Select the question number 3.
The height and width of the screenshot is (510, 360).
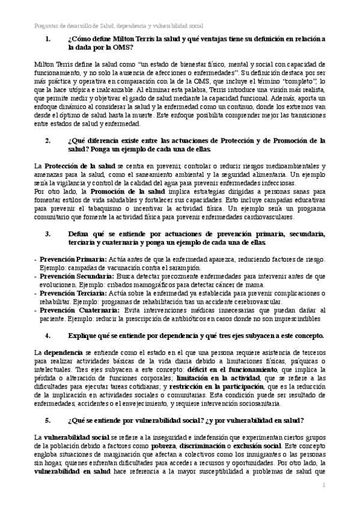48,233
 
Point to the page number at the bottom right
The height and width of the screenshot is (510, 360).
323,485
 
